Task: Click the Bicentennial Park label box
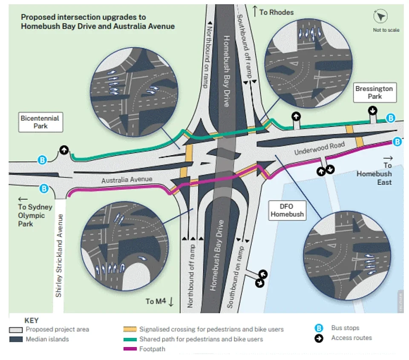pyautogui.click(x=41, y=122)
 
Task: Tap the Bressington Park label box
pyautogui.click(x=375, y=93)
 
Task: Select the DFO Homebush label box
pyautogui.click(x=287, y=210)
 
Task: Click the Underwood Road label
pyautogui.click(x=320, y=148)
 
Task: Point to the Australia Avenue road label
pyautogui.click(x=127, y=180)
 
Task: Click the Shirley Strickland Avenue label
pyautogui.click(x=59, y=255)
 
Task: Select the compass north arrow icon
pyautogui.click(x=380, y=17)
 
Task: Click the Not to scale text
pyautogui.click(x=386, y=30)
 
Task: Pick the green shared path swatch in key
pyautogui.click(x=130, y=340)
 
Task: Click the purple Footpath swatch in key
pyautogui.click(x=130, y=349)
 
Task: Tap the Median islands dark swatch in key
pyautogui.click(x=16, y=339)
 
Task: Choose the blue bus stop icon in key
pyautogui.click(x=319, y=328)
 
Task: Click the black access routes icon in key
pyautogui.click(x=319, y=338)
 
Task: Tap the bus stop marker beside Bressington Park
pyautogui.click(x=391, y=118)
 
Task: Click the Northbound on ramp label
pyautogui.click(x=207, y=55)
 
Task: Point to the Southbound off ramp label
pyautogui.click(x=245, y=46)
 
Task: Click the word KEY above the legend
pyautogui.click(x=32, y=320)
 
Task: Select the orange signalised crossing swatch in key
pyautogui.click(x=130, y=329)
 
